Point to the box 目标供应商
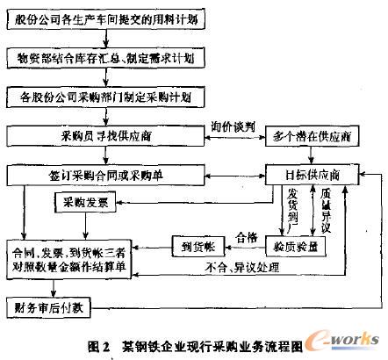pos(314,173)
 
